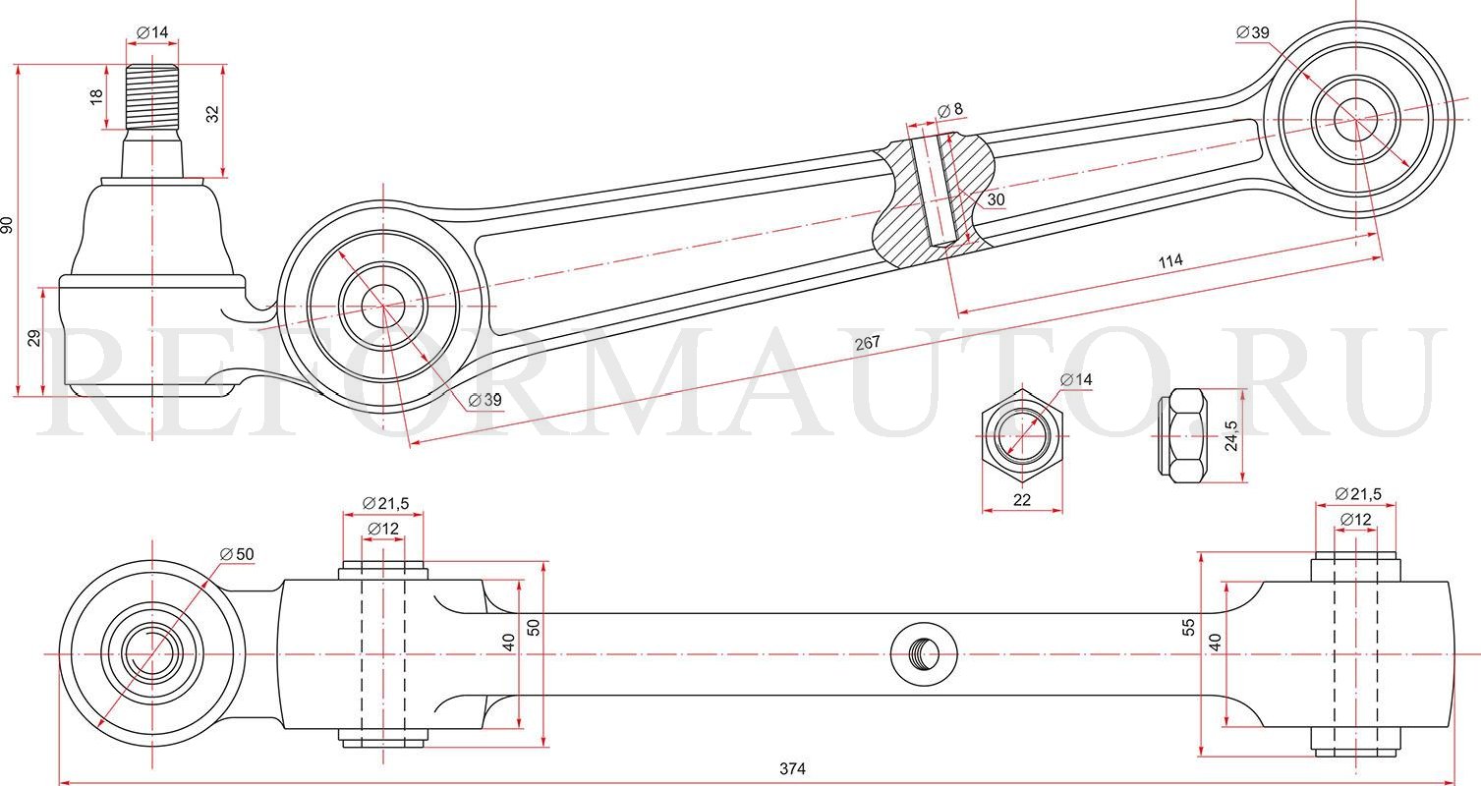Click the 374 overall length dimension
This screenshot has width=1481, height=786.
[793, 769]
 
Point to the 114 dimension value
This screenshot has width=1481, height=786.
[1169, 261]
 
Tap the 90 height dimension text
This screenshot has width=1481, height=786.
[9, 224]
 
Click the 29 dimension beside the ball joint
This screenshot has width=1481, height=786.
[34, 339]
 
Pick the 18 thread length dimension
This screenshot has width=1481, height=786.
[96, 96]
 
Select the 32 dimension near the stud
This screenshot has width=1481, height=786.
[212, 114]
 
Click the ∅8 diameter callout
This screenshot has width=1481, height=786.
[950, 110]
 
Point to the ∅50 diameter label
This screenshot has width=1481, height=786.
[237, 554]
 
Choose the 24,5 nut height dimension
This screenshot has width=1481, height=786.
[1230, 435]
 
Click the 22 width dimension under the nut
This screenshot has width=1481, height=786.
[1022, 500]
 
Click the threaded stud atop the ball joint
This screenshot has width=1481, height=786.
[152, 96]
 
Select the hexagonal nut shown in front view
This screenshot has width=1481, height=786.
[1022, 436]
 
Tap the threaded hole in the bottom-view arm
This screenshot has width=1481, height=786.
[924, 653]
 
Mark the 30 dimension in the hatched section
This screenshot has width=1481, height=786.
[996, 199]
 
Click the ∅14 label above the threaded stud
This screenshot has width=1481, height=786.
[152, 32]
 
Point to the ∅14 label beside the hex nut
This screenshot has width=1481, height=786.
[1076, 379]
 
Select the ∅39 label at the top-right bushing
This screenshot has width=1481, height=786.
[1253, 32]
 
